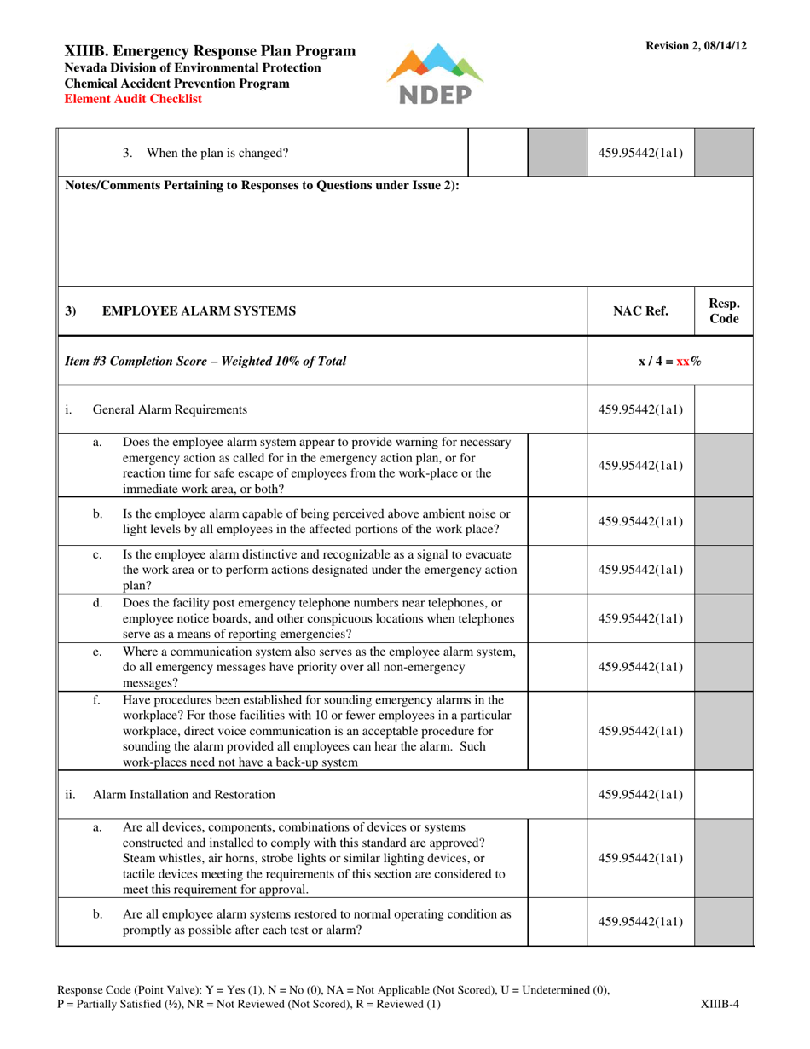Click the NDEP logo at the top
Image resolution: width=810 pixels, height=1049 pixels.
[435, 74]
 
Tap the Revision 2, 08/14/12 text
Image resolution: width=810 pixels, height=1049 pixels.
[696, 46]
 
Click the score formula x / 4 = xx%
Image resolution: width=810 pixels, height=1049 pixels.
[670, 361]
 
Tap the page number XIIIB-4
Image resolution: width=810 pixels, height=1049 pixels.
[718, 1004]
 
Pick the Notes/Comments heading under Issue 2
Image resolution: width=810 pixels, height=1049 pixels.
[263, 185]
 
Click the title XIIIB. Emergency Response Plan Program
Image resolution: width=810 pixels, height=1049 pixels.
[211, 51]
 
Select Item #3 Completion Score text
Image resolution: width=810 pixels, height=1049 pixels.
[205, 361]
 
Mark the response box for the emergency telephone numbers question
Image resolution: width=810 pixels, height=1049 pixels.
[558, 617]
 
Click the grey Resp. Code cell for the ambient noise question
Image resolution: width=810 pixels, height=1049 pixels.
[724, 521]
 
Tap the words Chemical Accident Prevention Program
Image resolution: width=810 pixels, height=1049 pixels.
[176, 84]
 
